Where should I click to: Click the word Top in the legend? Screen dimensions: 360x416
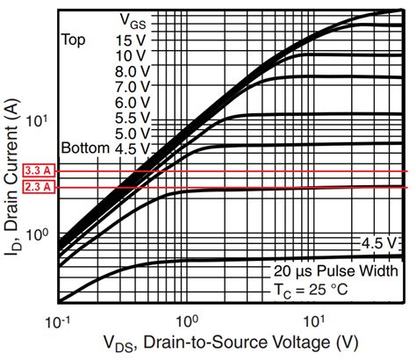[74, 40]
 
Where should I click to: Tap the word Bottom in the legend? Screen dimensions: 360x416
[84, 148]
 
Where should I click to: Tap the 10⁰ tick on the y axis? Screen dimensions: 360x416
[43, 235]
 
